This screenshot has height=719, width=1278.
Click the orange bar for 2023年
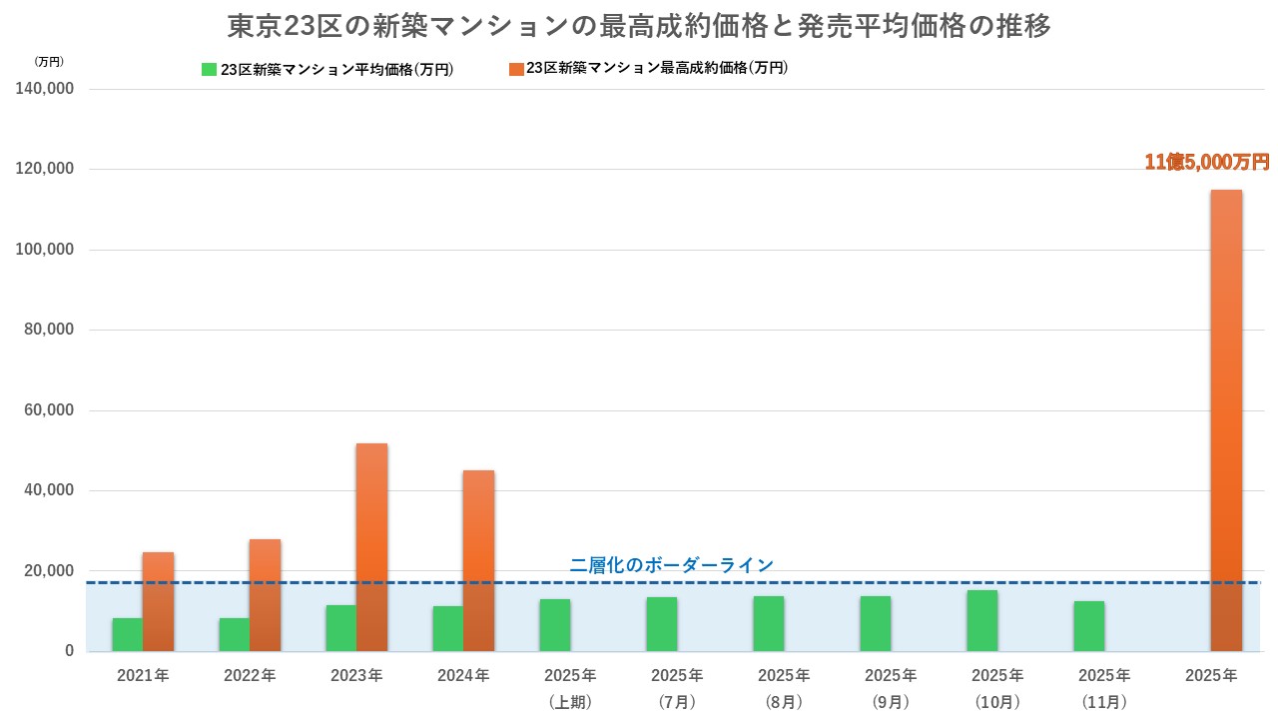[x=371, y=547]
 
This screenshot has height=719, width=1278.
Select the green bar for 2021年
[x=127, y=634]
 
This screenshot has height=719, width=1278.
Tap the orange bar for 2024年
[x=478, y=560]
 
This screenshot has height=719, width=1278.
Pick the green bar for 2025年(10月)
[x=981, y=620]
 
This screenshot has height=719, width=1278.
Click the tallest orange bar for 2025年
[x=1226, y=419]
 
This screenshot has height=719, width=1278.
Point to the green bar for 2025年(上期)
[x=554, y=625]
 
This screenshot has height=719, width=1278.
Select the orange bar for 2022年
[x=265, y=595]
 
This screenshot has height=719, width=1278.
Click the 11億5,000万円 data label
[x=1206, y=162]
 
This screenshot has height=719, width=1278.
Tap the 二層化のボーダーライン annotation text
[x=671, y=565]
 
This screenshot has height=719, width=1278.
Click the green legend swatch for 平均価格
[x=209, y=70]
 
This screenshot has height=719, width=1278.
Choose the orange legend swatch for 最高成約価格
[x=515, y=69]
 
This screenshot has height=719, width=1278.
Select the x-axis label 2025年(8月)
[x=784, y=688]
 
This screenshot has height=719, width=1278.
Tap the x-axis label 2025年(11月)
[x=1103, y=688]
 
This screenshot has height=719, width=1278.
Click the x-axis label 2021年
[x=143, y=676]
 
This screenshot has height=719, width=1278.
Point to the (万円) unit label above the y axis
[x=48, y=61]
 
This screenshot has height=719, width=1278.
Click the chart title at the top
[x=639, y=26]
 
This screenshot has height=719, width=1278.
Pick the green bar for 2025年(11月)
[x=1088, y=626]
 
